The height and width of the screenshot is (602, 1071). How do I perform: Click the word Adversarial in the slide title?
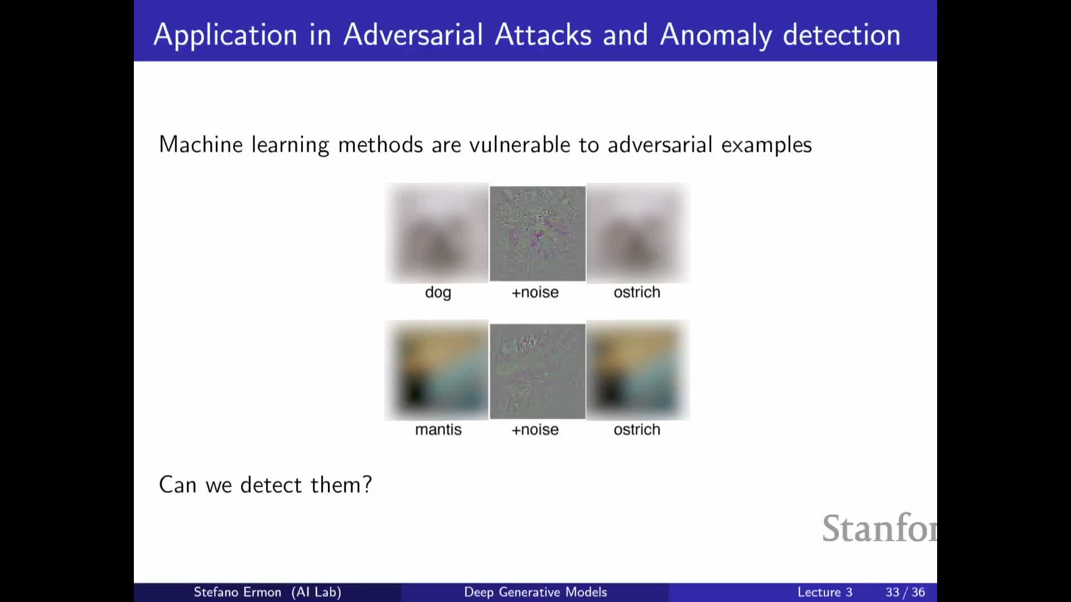413,35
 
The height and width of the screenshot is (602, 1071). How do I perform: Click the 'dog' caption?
438,293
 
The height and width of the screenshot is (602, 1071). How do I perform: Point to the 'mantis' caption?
438,430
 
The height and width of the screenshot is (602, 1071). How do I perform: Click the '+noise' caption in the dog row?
535,292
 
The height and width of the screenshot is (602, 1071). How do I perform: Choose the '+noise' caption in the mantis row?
535,430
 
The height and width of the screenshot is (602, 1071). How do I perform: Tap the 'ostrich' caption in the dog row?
637,292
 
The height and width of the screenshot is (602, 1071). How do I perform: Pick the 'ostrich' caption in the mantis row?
637,430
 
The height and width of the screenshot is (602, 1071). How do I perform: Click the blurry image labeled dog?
437,233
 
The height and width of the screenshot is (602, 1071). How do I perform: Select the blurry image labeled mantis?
437,370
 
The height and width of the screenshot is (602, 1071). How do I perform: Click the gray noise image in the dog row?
538,234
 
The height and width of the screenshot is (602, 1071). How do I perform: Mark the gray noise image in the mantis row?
538,371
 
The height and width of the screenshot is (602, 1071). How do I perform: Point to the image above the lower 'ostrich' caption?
638,370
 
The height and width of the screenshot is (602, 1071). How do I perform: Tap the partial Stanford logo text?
880,528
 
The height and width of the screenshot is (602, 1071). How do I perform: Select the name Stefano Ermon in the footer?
237,592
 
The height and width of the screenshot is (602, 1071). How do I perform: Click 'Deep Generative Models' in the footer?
535,592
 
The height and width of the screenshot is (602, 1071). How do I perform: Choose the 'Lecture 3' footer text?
825,592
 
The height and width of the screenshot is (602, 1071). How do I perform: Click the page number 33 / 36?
905,592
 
